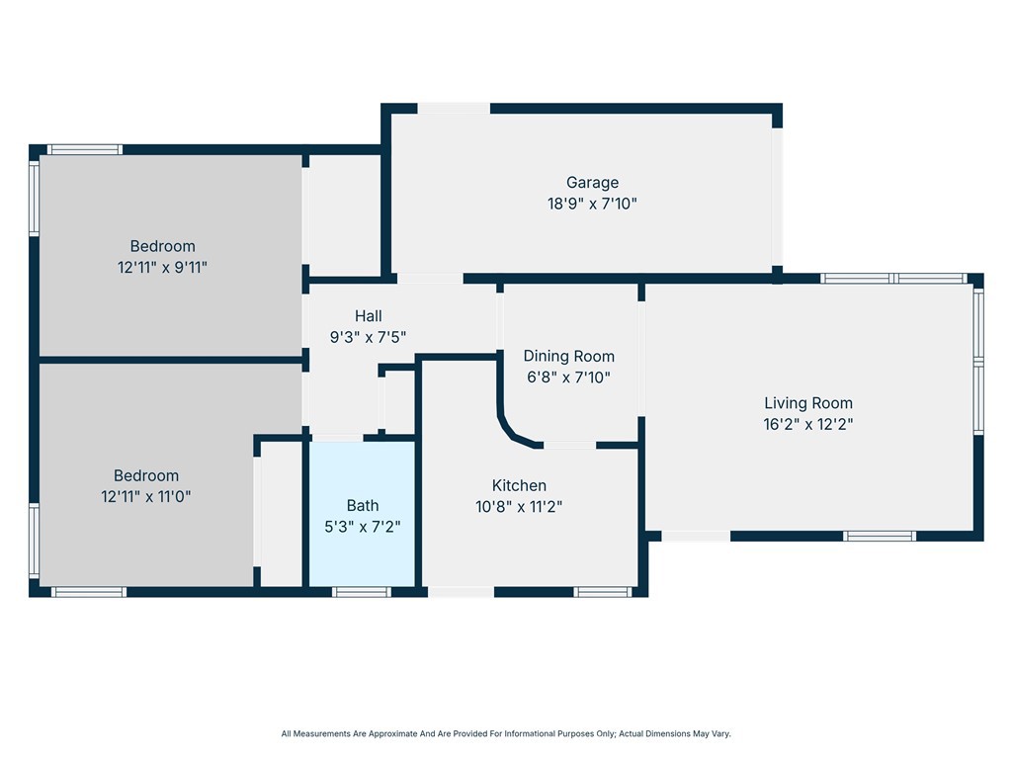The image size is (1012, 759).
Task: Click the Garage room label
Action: pyautogui.click(x=593, y=183)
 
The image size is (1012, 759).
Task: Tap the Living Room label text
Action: pyautogui.click(x=808, y=403)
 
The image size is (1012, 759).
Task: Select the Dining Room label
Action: pyautogui.click(x=568, y=356)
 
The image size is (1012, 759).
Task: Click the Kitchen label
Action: pyautogui.click(x=519, y=485)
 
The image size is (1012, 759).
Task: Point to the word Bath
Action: pyautogui.click(x=363, y=505)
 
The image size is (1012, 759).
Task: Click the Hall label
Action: pyautogui.click(x=368, y=315)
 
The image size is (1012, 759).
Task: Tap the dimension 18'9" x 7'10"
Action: pyautogui.click(x=593, y=204)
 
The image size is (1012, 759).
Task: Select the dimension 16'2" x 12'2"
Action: pyautogui.click(x=808, y=424)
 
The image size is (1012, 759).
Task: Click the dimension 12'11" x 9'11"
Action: pyautogui.click(x=162, y=267)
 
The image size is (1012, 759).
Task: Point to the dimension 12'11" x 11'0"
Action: pyautogui.click(x=146, y=496)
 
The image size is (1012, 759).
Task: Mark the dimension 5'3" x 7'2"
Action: pyautogui.click(x=363, y=527)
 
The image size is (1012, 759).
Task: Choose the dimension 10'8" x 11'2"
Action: pyautogui.click(x=519, y=507)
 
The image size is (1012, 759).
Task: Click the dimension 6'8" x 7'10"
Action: pyautogui.click(x=568, y=377)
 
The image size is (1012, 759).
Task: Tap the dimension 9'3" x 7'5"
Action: pyautogui.click(x=368, y=337)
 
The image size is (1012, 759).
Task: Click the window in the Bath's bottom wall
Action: pyautogui.click(x=362, y=592)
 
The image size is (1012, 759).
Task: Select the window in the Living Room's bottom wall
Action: pyautogui.click(x=879, y=536)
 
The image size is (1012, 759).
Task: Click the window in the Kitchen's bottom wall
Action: pyautogui.click(x=603, y=592)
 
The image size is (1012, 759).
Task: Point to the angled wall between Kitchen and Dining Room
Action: pyautogui.click(x=514, y=433)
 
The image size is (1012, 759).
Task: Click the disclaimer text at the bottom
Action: pyautogui.click(x=506, y=734)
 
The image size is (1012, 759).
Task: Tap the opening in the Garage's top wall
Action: pyautogui.click(x=454, y=109)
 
